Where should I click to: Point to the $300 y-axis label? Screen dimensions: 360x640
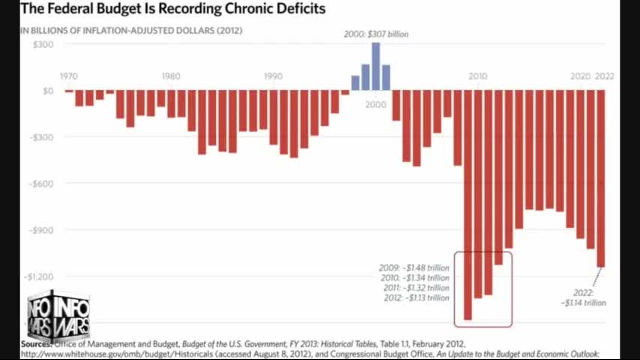tap(44, 44)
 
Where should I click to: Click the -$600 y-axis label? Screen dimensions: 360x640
tap(43, 183)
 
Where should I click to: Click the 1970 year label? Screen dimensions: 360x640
tap(69, 76)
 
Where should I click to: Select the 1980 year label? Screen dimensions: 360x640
tap(171, 76)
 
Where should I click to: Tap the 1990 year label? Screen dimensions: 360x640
tap(273, 76)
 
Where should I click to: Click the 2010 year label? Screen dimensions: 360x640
tap(478, 76)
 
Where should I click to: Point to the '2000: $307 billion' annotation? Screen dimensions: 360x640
tap(376, 34)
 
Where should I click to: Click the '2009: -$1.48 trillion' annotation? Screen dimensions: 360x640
tap(414, 268)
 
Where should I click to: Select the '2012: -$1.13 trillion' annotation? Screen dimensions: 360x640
tap(414, 298)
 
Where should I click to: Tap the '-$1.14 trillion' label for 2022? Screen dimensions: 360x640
tap(583, 303)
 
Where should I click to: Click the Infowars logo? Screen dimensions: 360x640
tap(58, 315)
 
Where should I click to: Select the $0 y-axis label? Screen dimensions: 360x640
tap(48, 91)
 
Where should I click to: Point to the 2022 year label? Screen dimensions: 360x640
tap(604, 76)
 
